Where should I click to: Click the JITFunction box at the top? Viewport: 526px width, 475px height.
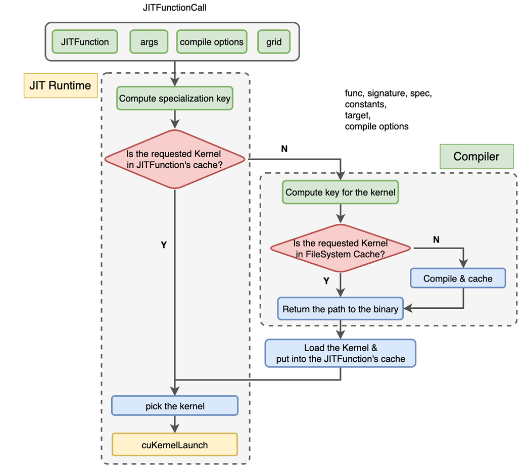click(x=85, y=42)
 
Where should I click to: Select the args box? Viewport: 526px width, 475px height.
click(x=149, y=42)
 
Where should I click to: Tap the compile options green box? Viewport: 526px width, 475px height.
click(x=212, y=42)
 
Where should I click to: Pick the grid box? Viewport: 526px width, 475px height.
click(x=274, y=42)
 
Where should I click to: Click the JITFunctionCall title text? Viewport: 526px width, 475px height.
click(x=175, y=8)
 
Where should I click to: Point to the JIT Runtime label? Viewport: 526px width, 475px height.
click(x=60, y=85)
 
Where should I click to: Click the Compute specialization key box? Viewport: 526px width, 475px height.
click(x=175, y=99)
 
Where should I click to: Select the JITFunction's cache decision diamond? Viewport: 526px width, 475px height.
click(x=174, y=159)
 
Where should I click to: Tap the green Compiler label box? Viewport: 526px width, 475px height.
click(x=476, y=157)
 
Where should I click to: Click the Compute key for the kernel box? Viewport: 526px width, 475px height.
click(x=341, y=192)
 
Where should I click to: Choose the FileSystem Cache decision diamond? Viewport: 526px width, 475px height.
click(x=341, y=248)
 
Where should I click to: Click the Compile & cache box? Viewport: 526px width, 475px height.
click(x=458, y=278)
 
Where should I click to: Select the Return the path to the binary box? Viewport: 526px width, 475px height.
click(x=341, y=309)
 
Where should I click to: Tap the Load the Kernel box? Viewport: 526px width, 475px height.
click(x=341, y=353)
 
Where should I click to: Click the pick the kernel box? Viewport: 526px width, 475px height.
click(x=175, y=406)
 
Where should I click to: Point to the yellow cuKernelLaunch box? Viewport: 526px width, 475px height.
click(x=175, y=445)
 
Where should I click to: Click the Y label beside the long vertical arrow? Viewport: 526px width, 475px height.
click(x=163, y=245)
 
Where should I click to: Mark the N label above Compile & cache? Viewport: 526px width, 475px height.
click(x=436, y=240)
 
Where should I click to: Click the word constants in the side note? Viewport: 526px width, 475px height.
click(x=365, y=105)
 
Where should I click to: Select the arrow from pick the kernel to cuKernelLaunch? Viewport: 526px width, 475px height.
click(x=175, y=424)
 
